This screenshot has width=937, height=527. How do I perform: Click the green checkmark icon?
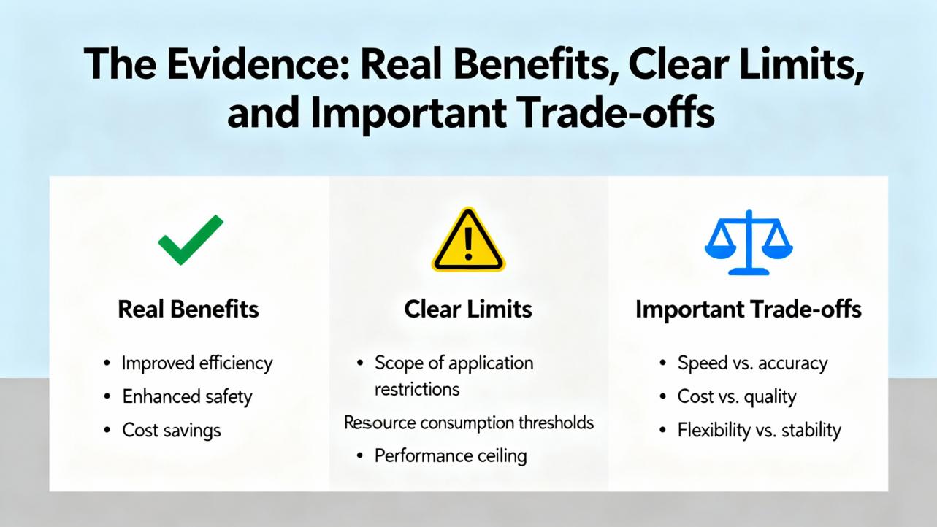click(x=190, y=240)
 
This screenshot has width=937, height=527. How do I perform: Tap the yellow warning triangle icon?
click(x=468, y=242)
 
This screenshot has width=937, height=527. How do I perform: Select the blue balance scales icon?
click(x=749, y=242)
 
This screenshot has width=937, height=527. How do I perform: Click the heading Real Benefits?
click(x=188, y=309)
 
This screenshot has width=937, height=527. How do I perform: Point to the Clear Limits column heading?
click(x=468, y=309)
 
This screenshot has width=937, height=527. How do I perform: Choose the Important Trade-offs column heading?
click(x=749, y=309)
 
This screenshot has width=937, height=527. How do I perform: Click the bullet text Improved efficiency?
click(x=197, y=363)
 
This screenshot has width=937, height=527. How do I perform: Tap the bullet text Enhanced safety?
click(x=187, y=396)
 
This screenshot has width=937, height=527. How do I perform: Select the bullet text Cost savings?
click(x=172, y=430)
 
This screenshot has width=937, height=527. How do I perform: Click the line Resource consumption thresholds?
click(x=468, y=422)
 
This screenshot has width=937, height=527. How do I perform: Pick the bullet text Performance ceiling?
click(x=451, y=455)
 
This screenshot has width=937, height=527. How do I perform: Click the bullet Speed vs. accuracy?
click(x=752, y=363)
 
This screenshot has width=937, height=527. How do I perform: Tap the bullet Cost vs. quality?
click(x=737, y=396)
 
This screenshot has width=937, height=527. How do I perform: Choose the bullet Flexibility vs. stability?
click(x=760, y=430)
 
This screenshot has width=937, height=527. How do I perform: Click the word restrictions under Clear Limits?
click(x=417, y=389)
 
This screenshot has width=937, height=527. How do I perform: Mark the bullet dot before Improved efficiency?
click(x=107, y=363)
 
